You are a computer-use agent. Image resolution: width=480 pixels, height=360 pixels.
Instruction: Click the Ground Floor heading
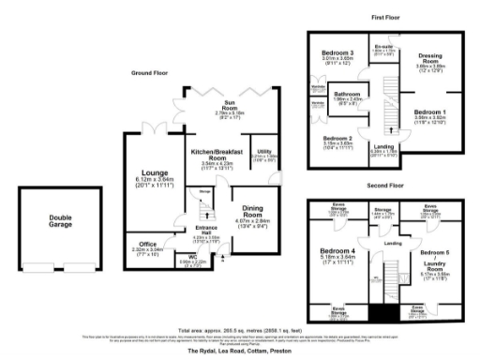point(151,71)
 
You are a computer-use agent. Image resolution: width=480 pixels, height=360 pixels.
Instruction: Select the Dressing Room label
point(431,58)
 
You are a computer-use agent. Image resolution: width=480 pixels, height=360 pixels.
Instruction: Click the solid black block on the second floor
point(382,311)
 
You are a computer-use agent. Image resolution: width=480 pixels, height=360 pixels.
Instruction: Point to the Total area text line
point(239,328)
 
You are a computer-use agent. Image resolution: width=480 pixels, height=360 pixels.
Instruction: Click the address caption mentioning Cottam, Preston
point(239,350)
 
